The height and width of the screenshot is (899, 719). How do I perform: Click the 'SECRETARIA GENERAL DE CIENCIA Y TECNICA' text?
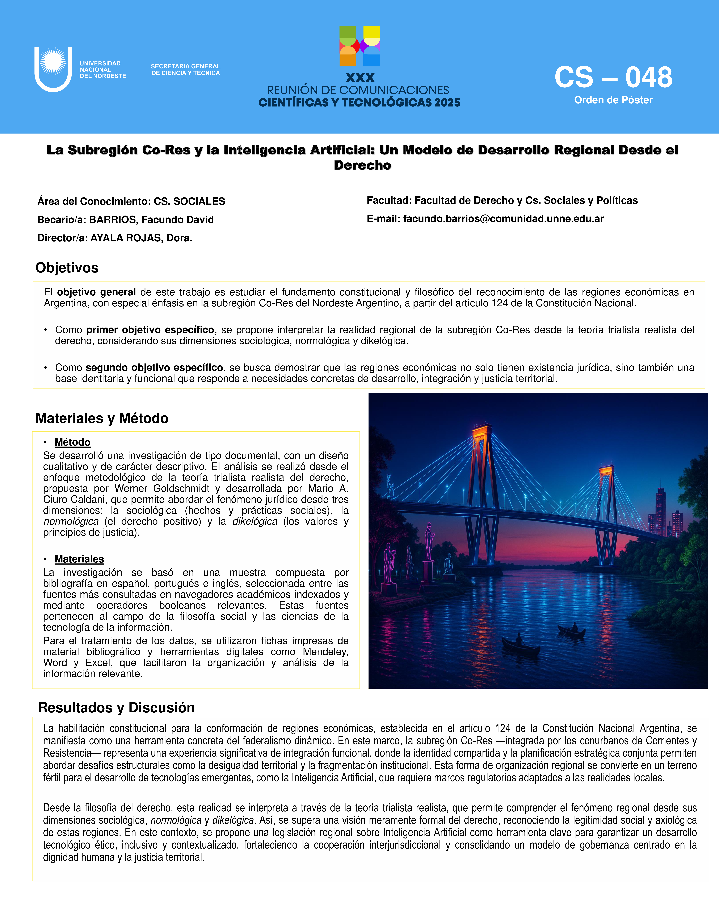click(185, 70)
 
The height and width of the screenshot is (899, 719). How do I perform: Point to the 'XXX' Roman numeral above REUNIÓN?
click(360, 78)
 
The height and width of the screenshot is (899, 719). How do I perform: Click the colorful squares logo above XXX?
click(360, 46)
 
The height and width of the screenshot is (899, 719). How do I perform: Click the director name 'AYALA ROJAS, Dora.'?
click(141, 238)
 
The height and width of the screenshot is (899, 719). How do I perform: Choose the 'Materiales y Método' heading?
click(102, 418)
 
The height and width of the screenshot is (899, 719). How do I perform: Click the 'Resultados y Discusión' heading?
click(116, 708)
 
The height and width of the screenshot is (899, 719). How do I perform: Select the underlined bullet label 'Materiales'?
click(79, 559)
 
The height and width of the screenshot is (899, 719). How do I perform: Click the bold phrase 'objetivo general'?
click(96, 292)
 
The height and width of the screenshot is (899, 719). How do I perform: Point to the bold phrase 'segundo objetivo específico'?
click(154, 368)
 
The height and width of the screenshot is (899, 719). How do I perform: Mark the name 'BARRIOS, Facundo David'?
click(151, 220)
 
